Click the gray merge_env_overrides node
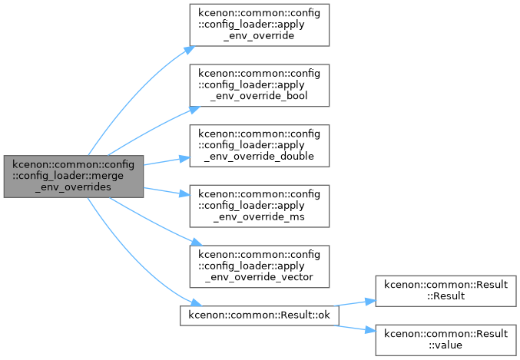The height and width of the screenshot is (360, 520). pyautogui.click(x=74, y=177)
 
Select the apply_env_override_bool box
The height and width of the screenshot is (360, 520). pyautogui.click(x=260, y=85)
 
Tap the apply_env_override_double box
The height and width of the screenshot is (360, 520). pyautogui.click(x=260, y=146)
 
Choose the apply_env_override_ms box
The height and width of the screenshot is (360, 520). pyautogui.click(x=260, y=206)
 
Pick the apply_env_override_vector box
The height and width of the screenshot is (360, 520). pyautogui.click(x=260, y=266)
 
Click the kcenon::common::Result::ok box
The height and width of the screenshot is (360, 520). pyautogui.click(x=260, y=315)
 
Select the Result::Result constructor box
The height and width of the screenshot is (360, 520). pyautogui.click(x=445, y=291)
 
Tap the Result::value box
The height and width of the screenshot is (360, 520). pyautogui.click(x=445, y=340)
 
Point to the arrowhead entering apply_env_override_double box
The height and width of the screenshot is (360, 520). pyautogui.click(x=184, y=159)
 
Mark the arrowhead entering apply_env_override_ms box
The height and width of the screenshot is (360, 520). pyautogui.click(x=184, y=193)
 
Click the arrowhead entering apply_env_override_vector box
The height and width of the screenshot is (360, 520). pyautogui.click(x=197, y=242)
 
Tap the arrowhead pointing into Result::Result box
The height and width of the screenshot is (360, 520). pyautogui.click(x=371, y=302)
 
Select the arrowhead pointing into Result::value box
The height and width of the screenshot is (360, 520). pyautogui.click(x=371, y=330)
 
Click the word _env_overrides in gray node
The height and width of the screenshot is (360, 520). pyautogui.click(x=73, y=187)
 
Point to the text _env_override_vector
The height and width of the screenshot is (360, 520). pyautogui.click(x=259, y=277)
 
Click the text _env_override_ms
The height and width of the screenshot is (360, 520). pyautogui.click(x=259, y=216)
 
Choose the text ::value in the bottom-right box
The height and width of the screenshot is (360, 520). pyautogui.click(x=445, y=345)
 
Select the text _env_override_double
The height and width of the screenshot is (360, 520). pyautogui.click(x=259, y=156)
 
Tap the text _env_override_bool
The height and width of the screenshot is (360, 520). pyautogui.click(x=259, y=96)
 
